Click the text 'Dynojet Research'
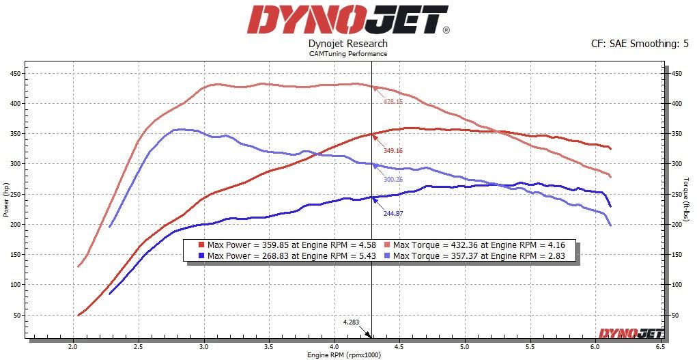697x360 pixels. [347, 44]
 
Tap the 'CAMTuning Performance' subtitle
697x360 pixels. [348, 54]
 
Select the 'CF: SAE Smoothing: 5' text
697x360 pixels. [640, 44]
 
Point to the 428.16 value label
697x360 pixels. [393, 101]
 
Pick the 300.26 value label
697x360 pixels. [393, 180]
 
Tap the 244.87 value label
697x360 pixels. [393, 213]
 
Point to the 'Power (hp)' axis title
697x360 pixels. [5, 198]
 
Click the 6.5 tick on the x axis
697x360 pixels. [659, 347]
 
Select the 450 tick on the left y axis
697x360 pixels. [14, 74]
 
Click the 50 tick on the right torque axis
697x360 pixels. [675, 315]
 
